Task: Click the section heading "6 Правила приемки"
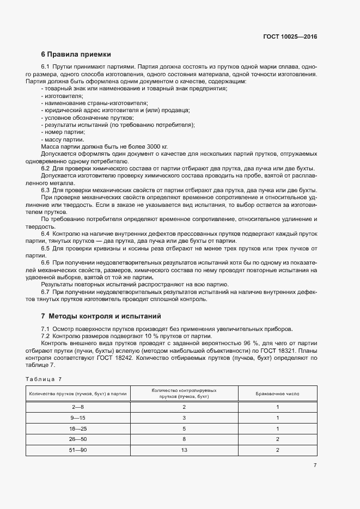(x=76, y=54)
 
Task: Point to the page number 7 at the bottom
(x=315, y=465)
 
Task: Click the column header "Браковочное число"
(x=277, y=394)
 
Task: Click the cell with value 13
(x=184, y=451)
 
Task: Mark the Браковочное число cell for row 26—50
(x=277, y=440)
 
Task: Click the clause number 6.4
(x=46, y=232)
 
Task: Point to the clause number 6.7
(x=46, y=292)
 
